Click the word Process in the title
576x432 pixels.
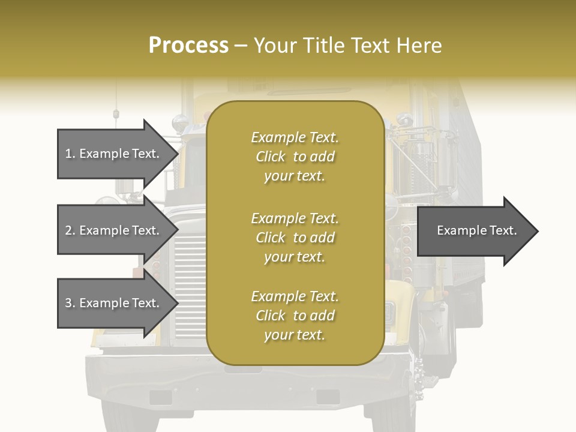(x=188, y=46)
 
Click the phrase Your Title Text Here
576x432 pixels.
(x=348, y=46)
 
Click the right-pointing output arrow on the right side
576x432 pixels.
(x=474, y=231)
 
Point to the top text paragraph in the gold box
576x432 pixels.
(x=295, y=157)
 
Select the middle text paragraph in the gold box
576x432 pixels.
(x=295, y=238)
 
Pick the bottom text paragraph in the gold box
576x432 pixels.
(x=295, y=316)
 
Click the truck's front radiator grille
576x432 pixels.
(x=190, y=288)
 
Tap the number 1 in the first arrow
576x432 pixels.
(x=68, y=154)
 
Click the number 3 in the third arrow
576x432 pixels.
(x=68, y=303)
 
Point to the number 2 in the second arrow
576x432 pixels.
(x=68, y=230)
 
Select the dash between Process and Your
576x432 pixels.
(x=241, y=46)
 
